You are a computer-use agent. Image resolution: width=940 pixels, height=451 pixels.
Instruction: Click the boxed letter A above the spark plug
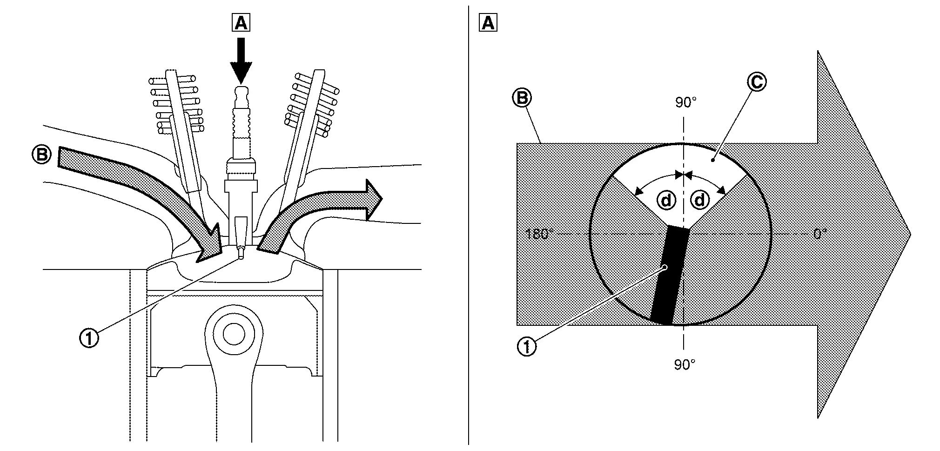click(x=241, y=22)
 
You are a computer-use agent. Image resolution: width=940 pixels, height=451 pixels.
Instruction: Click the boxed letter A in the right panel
click(x=488, y=22)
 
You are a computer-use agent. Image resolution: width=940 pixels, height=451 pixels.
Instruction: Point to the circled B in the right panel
click(x=522, y=98)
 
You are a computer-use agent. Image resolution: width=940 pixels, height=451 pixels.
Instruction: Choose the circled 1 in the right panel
click(x=526, y=347)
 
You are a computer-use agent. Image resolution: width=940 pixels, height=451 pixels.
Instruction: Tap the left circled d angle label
click(x=666, y=201)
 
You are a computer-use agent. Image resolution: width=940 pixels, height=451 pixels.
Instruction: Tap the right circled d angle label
click(x=699, y=201)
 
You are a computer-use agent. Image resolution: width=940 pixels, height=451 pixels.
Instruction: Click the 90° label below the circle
click(x=685, y=365)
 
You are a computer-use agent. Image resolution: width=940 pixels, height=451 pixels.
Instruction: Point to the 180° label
click(x=539, y=234)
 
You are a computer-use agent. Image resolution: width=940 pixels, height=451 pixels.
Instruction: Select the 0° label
click(x=820, y=234)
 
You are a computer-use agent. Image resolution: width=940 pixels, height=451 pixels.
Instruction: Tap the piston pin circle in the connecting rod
click(x=233, y=333)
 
